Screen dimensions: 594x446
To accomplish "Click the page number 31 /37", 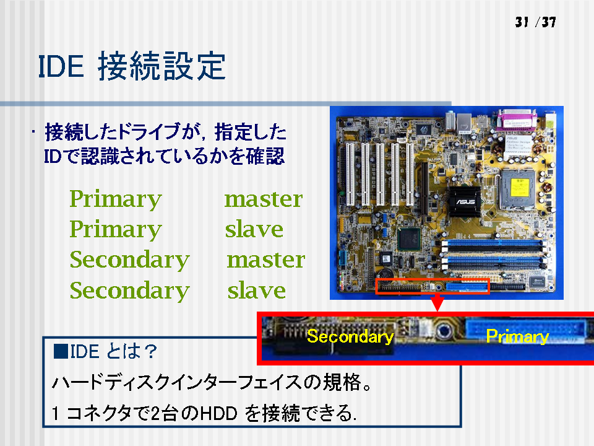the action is [x=535, y=22].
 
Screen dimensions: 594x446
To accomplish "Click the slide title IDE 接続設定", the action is [x=132, y=66].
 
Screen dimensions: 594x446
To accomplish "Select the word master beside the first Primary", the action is [x=264, y=199].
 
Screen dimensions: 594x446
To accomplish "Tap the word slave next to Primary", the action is [x=254, y=229].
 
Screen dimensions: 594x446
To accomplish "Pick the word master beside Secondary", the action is [x=266, y=260].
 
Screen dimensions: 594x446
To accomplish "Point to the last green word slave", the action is [x=256, y=291].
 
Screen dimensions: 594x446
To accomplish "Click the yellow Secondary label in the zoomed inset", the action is [x=350, y=336].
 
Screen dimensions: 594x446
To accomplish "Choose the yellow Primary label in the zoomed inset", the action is [x=517, y=336].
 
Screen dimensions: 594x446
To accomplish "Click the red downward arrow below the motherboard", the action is [x=437, y=304].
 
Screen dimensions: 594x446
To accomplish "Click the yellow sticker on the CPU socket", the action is [x=519, y=187].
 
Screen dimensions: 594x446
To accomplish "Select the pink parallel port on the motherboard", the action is [x=517, y=120].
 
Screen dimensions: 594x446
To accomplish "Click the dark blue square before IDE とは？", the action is [x=61, y=351].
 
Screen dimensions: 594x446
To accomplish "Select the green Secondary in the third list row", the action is [x=129, y=260].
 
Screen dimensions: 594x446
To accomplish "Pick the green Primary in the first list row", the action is [x=116, y=199].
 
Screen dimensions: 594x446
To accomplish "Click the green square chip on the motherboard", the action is [x=409, y=239].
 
